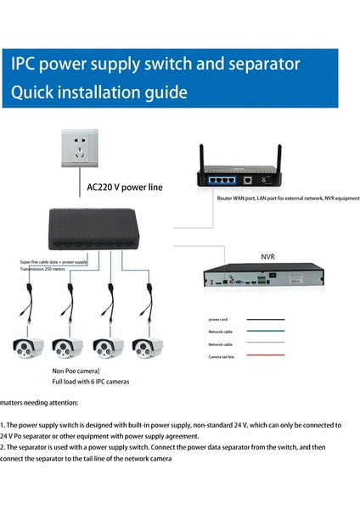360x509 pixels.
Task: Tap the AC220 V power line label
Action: click(x=126, y=186)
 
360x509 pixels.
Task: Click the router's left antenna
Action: click(x=202, y=159)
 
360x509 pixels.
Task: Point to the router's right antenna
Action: click(x=278, y=159)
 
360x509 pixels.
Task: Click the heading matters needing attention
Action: click(x=39, y=402)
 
